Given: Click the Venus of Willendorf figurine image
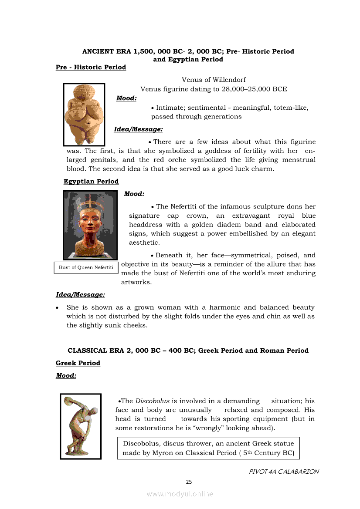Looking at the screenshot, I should pyautogui.click(x=84, y=114).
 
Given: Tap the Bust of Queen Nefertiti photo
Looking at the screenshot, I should pyautogui.click(x=91, y=225).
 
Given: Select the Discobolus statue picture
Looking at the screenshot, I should pyautogui.click(x=81, y=426).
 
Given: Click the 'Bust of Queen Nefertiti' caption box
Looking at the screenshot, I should pyautogui.click(x=86, y=267).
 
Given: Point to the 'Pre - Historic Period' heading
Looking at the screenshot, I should pyautogui.click(x=91, y=67).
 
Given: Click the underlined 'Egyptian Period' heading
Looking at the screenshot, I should pyautogui.click(x=91, y=182).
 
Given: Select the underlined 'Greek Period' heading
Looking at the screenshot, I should pyautogui.click(x=78, y=363).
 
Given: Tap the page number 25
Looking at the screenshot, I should pyautogui.click(x=189, y=482).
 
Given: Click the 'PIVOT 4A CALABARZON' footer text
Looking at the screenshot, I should pyautogui.click(x=284, y=472).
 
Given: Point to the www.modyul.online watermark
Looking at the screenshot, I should pyautogui.click(x=180, y=494).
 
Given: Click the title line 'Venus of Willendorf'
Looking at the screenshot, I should pyautogui.click(x=214, y=80).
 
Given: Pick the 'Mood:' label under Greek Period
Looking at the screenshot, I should pyautogui.click(x=66, y=375).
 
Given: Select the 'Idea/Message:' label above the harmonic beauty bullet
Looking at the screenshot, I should pyautogui.click(x=80, y=295).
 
